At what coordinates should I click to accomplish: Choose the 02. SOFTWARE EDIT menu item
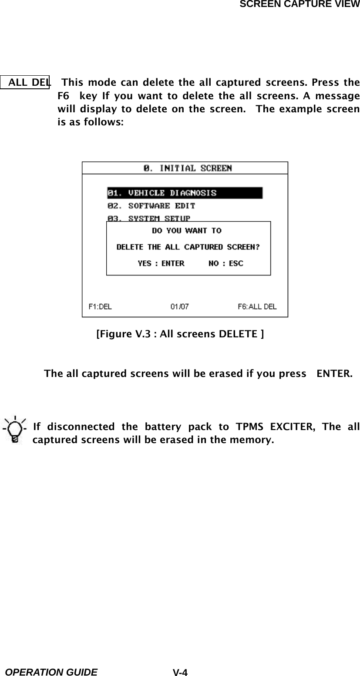(151, 205)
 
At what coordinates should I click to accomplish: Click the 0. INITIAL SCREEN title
(188, 168)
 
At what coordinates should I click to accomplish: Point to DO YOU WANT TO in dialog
(186, 231)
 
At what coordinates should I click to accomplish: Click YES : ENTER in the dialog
(161, 263)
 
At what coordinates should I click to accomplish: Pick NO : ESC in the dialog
(226, 263)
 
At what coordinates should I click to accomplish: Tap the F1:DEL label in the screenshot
(100, 306)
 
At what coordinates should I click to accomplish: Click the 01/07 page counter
(179, 306)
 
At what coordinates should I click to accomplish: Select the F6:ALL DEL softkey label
(257, 306)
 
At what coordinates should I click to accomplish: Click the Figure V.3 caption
(179, 334)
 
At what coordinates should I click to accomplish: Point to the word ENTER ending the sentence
(334, 374)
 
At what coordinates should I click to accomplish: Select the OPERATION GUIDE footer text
(51, 672)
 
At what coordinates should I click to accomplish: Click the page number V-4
(180, 673)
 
